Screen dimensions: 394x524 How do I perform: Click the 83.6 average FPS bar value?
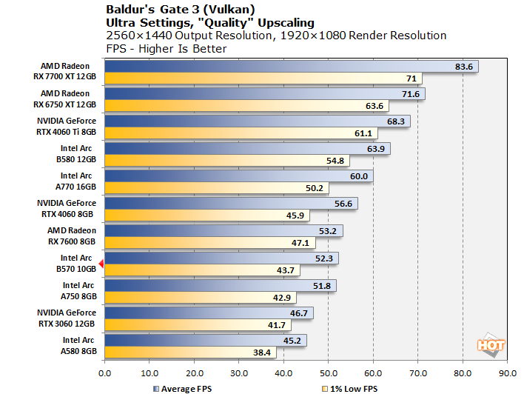[x=464, y=67]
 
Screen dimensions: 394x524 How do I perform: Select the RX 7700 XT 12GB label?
[x=65, y=78]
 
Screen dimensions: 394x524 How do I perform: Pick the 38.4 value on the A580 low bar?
[x=263, y=353]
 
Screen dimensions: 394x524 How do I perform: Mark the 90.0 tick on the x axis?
[x=508, y=374]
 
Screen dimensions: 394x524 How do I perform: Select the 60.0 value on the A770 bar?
[x=359, y=176]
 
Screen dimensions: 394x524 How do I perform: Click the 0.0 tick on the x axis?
[x=104, y=374]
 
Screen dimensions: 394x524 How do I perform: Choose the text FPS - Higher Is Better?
[x=167, y=48]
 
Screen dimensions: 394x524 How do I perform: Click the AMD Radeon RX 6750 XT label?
[x=65, y=100]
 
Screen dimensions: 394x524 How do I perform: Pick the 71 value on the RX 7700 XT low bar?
[x=409, y=79]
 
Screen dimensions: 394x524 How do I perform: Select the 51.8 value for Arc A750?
[x=322, y=285]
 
